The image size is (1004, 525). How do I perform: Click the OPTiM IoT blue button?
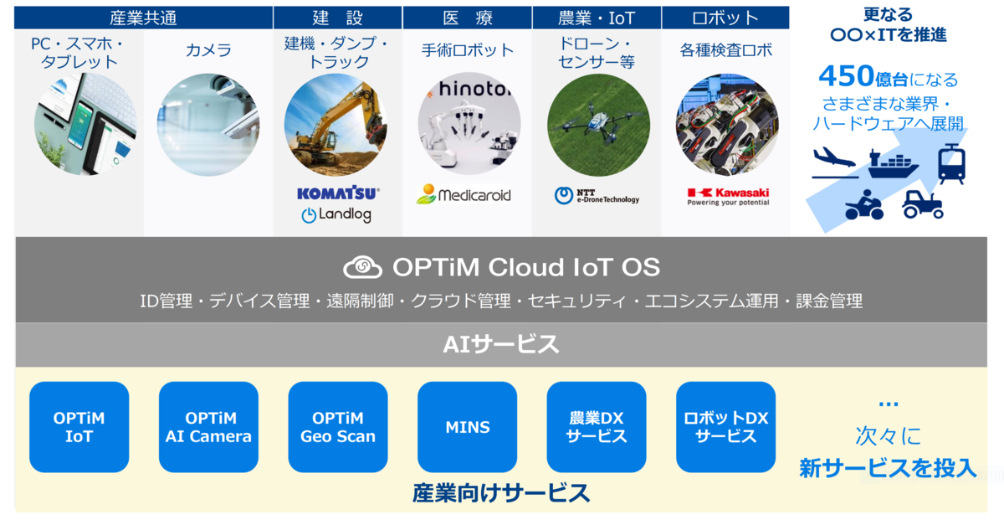point(79,427)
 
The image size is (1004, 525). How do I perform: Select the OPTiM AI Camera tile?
point(208,427)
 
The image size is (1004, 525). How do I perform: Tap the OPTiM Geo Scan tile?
point(338,427)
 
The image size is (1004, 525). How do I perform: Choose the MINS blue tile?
point(468,427)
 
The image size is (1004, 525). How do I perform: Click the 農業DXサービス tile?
point(597,427)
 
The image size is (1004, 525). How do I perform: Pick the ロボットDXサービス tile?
point(725,427)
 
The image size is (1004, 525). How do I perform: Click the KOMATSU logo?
point(338,193)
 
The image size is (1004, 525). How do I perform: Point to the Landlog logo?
point(336,215)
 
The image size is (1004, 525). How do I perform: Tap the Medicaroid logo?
point(464,194)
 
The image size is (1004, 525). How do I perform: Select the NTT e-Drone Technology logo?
point(597,196)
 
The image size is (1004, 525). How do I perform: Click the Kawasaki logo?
point(729,197)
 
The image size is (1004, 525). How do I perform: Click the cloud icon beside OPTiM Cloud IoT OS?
point(362,267)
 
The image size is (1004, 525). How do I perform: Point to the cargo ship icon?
point(893,164)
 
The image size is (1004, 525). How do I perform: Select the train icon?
point(951,164)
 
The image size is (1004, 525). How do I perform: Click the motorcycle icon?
point(864,205)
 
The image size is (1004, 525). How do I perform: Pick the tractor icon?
point(922,204)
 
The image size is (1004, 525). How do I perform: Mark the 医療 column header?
point(468,18)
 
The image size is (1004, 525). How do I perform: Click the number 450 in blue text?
point(847,76)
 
